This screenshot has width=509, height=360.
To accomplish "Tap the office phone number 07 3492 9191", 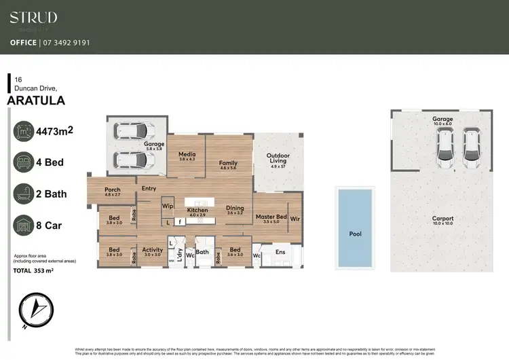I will tap(69, 43).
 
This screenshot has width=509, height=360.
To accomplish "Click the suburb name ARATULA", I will tap(36, 101).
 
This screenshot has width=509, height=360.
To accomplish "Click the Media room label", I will tap(187, 155).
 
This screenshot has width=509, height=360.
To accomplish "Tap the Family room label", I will tap(228, 164).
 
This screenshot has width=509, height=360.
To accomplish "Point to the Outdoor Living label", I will tap(278, 158).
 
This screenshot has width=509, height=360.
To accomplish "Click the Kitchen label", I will tap(197, 211).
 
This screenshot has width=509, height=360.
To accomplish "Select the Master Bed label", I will tap(270, 217).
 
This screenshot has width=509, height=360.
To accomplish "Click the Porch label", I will tap(113, 190).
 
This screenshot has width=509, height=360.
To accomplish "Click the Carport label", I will tap(443, 219).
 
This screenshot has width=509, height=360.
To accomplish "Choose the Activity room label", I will tap(152, 250).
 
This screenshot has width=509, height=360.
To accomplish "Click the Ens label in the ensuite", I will tap(280, 251).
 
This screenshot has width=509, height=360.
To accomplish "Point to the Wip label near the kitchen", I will tap(167, 205).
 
